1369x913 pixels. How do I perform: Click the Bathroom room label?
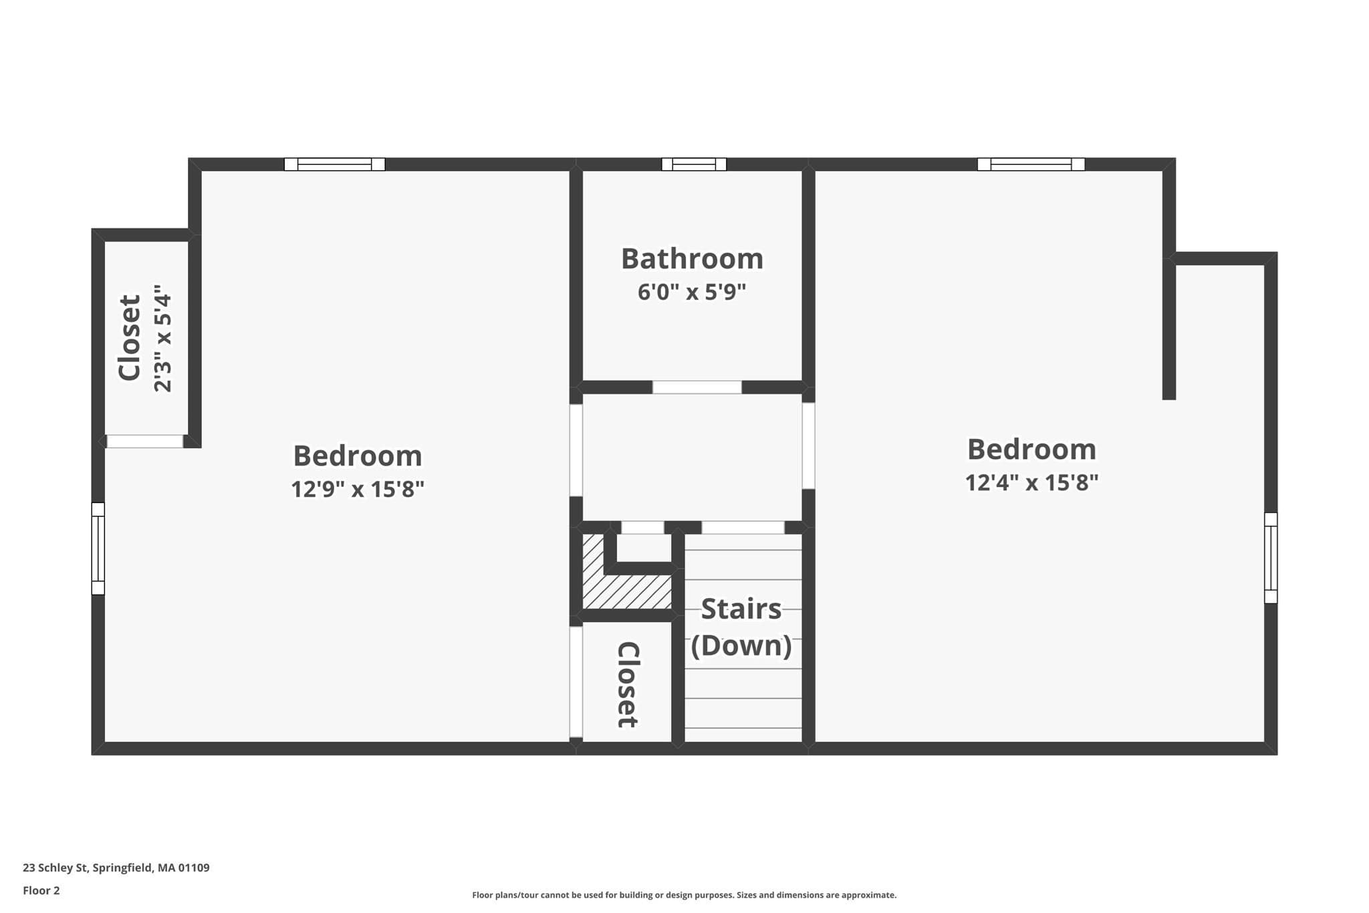tap(692, 259)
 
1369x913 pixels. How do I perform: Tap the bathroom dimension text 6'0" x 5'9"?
tap(692, 292)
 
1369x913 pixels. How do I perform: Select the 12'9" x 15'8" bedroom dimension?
tap(358, 489)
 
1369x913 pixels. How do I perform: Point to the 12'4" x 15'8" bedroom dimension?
tap(1031, 482)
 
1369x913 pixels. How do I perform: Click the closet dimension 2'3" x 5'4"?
tap(163, 338)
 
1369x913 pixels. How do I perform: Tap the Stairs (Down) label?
tap(741, 627)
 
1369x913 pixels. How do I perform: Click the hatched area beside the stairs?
tap(626, 581)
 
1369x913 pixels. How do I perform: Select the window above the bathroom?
tap(694, 164)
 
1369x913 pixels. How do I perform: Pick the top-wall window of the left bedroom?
tap(334, 164)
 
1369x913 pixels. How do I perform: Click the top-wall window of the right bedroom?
tap(1031, 164)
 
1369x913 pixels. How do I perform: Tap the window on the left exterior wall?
tap(98, 548)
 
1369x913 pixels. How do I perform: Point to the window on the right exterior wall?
tap(1271, 558)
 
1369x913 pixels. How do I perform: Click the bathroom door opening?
tap(697, 387)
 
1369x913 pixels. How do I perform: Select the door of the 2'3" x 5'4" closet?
tap(145, 441)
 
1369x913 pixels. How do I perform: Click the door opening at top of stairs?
tap(743, 528)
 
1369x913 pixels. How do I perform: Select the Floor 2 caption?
tap(41, 890)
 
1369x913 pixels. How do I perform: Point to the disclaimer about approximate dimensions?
tap(684, 895)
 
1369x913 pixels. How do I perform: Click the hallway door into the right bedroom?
tap(808, 445)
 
